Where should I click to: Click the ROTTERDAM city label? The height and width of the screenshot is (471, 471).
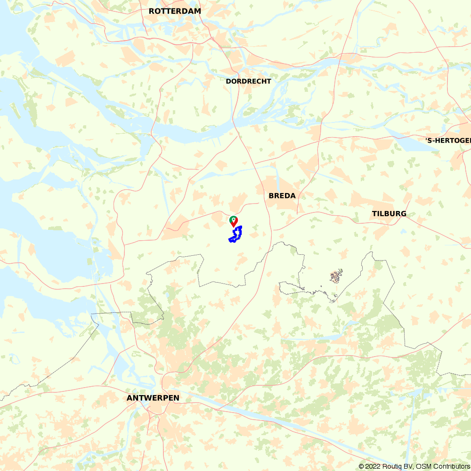point(175,11)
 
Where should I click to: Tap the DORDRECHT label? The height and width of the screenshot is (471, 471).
point(248,81)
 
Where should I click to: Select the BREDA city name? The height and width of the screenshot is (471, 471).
point(282,195)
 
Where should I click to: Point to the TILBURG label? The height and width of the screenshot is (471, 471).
point(389,213)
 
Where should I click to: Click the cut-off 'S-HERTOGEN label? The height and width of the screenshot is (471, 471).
point(447,140)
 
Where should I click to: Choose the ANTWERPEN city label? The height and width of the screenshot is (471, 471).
point(153,398)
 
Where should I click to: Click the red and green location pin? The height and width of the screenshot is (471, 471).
point(234,221)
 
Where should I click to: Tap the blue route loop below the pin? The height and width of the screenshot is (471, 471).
point(236,235)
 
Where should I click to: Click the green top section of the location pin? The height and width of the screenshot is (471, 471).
point(234,219)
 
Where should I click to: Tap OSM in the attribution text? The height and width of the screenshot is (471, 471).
point(423,466)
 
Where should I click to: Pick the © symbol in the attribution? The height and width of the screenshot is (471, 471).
point(361,466)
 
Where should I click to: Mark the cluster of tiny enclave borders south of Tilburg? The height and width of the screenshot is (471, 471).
point(336,276)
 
